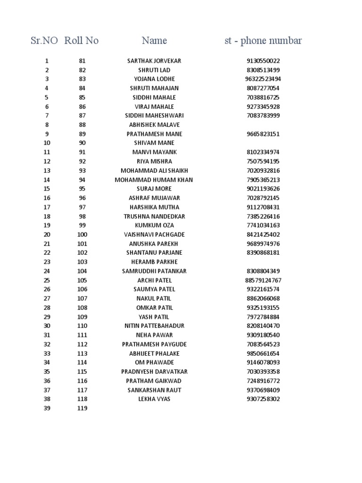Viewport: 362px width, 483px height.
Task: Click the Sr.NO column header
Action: [x=44, y=41]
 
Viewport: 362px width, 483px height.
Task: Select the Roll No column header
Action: [x=82, y=41]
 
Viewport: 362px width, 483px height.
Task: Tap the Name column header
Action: [x=154, y=41]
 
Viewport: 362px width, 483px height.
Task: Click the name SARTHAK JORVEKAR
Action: [x=154, y=61]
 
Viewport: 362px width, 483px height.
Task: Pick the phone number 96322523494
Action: [x=263, y=79]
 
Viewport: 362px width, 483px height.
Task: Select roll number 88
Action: [x=82, y=125]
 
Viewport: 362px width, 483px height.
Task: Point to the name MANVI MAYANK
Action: [x=154, y=152]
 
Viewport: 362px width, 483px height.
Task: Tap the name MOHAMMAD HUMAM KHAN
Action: [x=154, y=180]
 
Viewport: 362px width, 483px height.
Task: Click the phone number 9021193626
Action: [x=263, y=189]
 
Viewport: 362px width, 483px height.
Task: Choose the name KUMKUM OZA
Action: [x=154, y=225]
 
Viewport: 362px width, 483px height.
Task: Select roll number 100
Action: [x=82, y=235]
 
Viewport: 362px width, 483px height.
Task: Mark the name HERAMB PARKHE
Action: [x=154, y=262]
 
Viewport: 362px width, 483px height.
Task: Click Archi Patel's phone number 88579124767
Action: [x=263, y=281]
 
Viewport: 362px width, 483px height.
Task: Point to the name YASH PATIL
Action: [x=154, y=317]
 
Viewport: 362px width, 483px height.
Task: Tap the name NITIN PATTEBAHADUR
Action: [x=154, y=326]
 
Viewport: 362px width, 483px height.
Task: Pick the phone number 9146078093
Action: [x=263, y=363]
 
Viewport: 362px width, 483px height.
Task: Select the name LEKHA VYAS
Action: [x=154, y=399]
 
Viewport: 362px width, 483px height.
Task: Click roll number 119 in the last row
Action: [x=82, y=408]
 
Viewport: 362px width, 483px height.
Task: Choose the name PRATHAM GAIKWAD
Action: [x=154, y=381]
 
